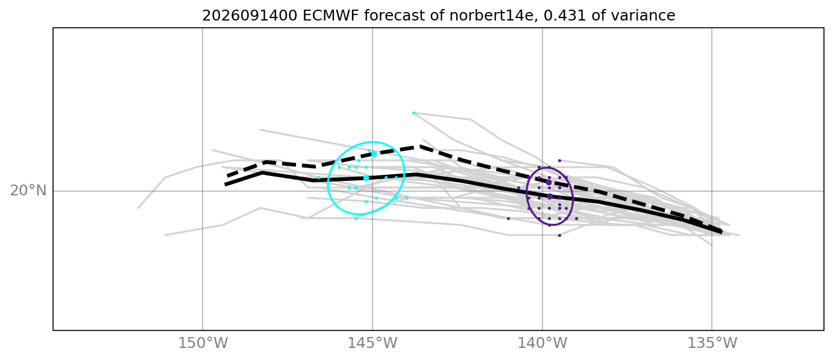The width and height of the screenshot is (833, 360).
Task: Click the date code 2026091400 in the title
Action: [250, 16]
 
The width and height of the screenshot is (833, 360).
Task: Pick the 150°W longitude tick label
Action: [203, 343]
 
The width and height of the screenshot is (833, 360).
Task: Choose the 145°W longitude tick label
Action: [372, 343]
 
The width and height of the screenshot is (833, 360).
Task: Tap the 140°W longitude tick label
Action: [542, 343]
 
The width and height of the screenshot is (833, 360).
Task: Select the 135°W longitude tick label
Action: [712, 343]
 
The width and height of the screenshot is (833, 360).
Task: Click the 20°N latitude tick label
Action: [28, 191]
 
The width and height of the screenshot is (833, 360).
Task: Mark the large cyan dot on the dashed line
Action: [374, 154]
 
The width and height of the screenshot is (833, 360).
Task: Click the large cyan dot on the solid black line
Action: [366, 178]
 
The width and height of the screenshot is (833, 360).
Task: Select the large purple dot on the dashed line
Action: [549, 182]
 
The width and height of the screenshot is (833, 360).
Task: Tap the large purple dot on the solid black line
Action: [550, 196]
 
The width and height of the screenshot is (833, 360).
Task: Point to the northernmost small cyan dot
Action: [413, 113]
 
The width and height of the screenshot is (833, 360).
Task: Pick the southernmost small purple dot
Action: [559, 235]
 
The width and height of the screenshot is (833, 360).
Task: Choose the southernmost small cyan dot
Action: [356, 218]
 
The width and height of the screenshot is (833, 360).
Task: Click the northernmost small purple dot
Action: [559, 160]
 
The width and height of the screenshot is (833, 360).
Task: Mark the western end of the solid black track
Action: [225, 185]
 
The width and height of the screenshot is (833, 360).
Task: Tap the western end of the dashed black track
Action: [227, 176]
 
